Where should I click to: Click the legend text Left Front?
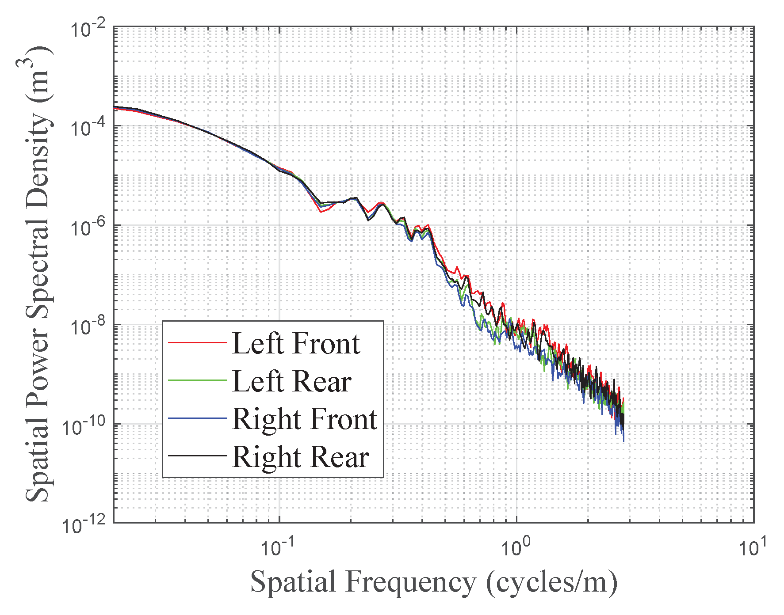[x=296, y=343]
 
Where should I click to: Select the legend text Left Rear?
[x=292, y=381]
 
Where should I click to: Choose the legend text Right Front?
[x=305, y=419]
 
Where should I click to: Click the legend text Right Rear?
[x=301, y=457]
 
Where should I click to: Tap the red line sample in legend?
[x=197, y=342]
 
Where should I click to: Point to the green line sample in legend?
[x=197, y=380]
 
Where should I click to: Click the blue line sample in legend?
[x=197, y=418]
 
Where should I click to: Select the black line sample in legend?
[x=197, y=456]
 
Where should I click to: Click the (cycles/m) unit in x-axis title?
[x=551, y=582]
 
